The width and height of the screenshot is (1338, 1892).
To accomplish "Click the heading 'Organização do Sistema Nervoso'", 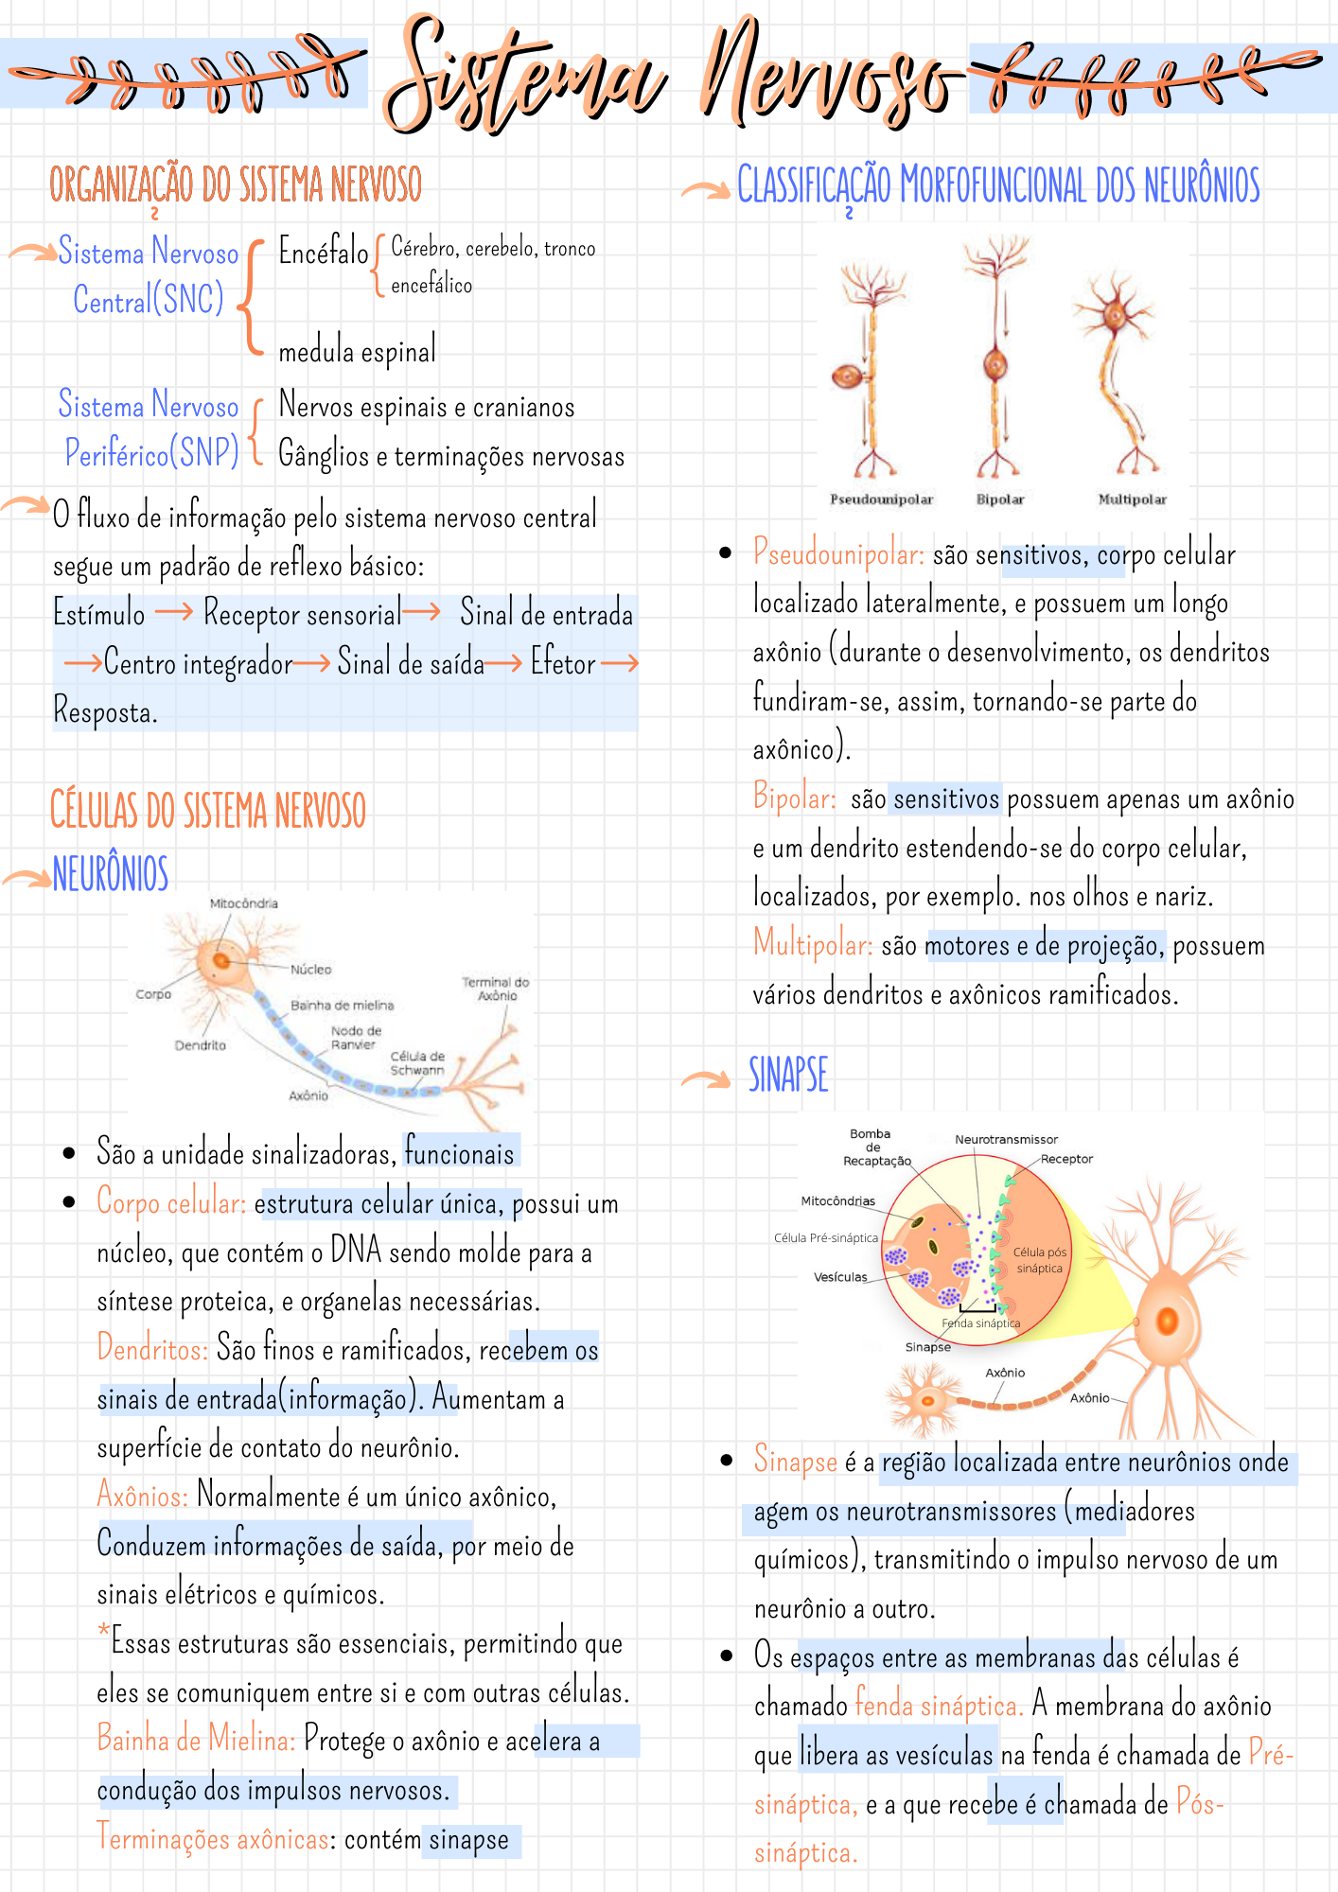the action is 236,184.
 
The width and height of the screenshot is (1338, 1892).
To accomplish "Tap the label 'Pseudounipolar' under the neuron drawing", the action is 881,499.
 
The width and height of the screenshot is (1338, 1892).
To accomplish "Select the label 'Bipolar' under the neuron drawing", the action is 1000,499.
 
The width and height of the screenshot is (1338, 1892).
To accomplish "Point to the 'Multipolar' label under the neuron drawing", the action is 1132,499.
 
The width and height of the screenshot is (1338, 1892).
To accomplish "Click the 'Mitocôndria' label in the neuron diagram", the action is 243,903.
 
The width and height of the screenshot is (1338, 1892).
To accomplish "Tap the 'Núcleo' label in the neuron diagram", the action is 310,970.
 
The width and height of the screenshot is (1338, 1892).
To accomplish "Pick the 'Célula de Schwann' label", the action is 417,1063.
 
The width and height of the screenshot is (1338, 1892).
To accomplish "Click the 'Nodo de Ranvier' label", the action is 356,1038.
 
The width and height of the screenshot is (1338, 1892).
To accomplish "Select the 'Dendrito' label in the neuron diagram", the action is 200,1045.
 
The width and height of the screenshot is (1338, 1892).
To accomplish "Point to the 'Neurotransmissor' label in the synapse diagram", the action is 1006,1140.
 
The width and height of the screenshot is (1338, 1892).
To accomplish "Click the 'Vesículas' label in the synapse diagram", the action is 840,1277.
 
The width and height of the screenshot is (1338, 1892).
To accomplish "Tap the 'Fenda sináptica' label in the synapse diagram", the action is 980,1323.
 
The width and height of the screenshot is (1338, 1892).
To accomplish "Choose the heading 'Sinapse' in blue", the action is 788,1076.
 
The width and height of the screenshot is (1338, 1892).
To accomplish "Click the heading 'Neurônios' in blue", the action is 111,873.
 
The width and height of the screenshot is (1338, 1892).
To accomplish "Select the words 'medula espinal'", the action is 357,352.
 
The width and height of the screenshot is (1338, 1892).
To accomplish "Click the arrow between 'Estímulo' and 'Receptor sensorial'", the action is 174,612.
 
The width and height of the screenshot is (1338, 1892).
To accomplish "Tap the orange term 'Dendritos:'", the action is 152,1348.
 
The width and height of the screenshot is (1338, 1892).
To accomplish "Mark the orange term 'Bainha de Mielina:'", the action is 196,1740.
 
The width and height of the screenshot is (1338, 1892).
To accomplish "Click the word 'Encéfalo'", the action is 323,252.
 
